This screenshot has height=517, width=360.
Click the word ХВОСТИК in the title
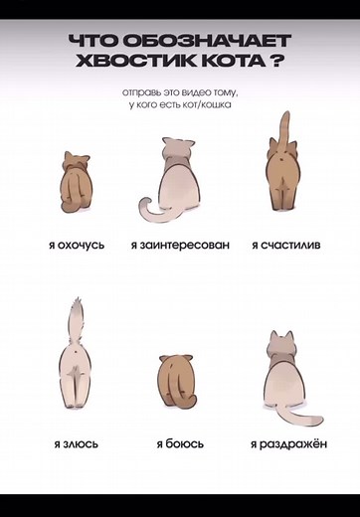click(129, 60)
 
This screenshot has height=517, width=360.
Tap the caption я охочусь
click(76, 244)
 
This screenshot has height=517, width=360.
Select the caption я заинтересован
click(180, 244)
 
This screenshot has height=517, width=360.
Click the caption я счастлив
click(285, 244)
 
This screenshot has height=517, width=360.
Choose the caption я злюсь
click(77, 444)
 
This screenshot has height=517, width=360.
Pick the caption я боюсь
click(180, 444)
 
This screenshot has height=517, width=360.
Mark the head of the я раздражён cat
click(282, 348)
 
